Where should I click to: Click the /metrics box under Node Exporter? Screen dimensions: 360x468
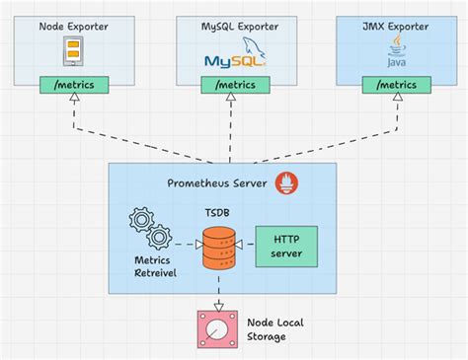(x=75, y=85)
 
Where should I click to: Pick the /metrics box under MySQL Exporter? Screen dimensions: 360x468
(x=233, y=85)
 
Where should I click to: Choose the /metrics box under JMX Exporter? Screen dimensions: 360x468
(x=394, y=85)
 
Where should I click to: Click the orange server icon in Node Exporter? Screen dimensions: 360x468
(x=72, y=52)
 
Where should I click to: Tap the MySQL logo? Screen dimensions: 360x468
(x=231, y=54)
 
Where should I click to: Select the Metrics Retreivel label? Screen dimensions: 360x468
(x=149, y=266)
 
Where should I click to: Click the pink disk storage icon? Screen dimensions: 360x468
(x=214, y=328)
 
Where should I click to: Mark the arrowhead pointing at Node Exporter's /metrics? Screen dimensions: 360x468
(x=75, y=102)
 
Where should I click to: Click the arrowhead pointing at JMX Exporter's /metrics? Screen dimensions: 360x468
(x=394, y=102)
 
